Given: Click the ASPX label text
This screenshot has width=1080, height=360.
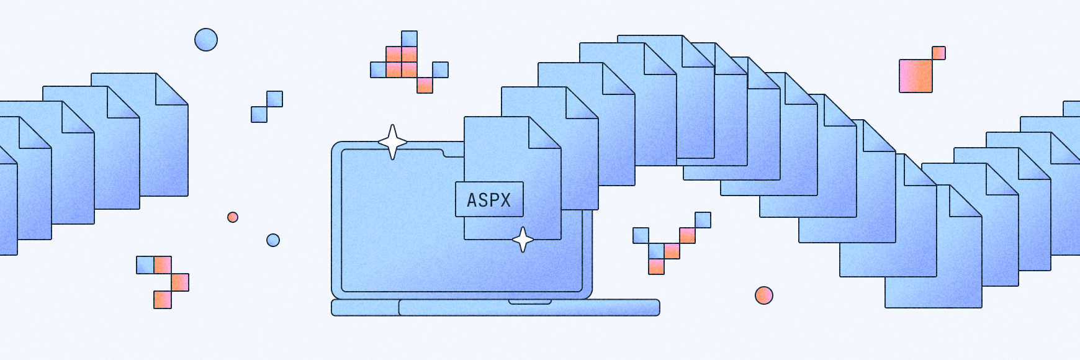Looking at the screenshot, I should [489, 200].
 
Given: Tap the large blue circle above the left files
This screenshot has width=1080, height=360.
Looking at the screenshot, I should [206, 40].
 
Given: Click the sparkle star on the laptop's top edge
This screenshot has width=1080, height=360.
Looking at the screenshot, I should [392, 142].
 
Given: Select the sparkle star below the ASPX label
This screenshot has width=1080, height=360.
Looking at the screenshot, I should [523, 240].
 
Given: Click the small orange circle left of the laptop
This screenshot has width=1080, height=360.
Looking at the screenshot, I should [233, 217].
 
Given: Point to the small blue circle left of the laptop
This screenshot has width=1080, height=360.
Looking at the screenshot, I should [273, 240].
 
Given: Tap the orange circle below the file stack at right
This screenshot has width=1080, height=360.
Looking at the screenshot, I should [763, 295].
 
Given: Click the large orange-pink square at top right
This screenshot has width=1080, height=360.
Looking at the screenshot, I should [916, 76].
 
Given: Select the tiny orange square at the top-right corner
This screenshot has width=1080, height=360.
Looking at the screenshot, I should [938, 53].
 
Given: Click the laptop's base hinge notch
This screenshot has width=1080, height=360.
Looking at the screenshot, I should [529, 302].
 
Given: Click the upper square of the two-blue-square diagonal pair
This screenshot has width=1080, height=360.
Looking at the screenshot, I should [274, 99].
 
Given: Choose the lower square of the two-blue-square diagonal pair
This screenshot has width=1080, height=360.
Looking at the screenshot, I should [259, 114].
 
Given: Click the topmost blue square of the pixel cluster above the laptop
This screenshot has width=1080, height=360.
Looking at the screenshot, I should [409, 38].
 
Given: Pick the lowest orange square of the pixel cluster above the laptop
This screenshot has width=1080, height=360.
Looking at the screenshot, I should [425, 86].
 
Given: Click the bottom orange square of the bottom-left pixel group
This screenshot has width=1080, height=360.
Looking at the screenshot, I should [163, 300].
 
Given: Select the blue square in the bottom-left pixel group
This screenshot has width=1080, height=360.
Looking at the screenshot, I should [145, 265].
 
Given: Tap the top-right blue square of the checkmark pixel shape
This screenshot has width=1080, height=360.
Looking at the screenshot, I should [703, 220].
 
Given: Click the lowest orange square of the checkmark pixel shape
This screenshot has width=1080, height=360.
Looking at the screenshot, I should [656, 267].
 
